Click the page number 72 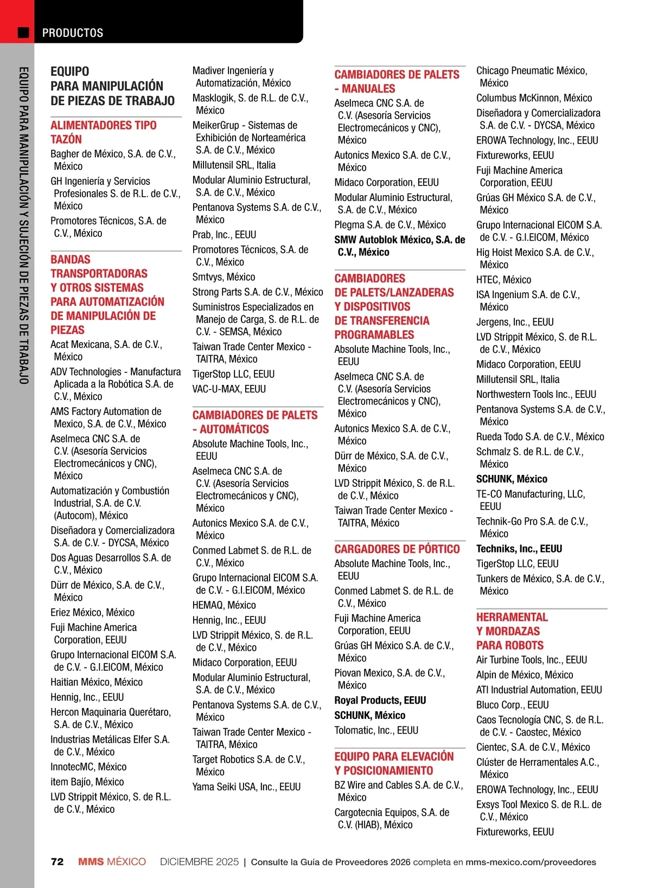click(57, 862)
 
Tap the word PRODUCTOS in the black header click(73, 33)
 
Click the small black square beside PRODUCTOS click(23, 33)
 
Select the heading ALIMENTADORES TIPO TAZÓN click(104, 132)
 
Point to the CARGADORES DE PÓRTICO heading click(397, 549)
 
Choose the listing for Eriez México click(92, 613)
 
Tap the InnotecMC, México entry click(88, 767)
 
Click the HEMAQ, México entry click(224, 606)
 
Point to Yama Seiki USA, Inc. click(246, 787)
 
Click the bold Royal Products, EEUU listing click(380, 700)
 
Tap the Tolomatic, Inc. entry click(376, 731)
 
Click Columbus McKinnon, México click(534, 98)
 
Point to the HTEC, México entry click(503, 280)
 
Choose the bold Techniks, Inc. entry click(519, 549)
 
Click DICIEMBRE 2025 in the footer click(199, 862)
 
